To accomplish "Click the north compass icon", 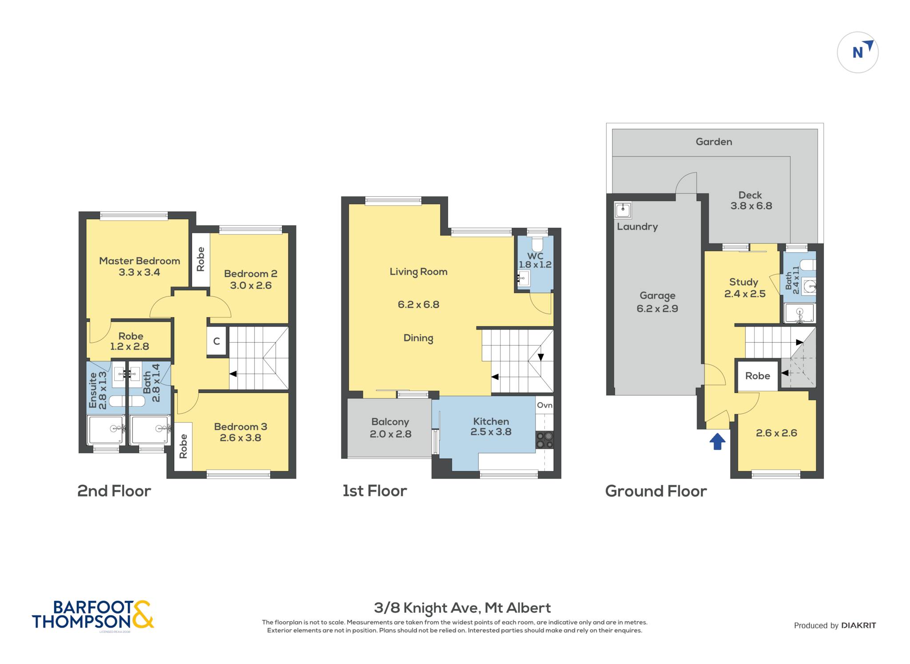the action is (x=858, y=52).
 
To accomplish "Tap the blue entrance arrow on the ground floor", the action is (x=717, y=442).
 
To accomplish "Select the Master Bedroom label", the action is (x=140, y=261).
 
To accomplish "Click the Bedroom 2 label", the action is (x=251, y=274).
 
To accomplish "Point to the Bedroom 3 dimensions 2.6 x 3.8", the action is (x=240, y=438).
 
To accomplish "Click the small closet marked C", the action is (x=217, y=341).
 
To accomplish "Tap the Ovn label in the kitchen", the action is (x=545, y=405).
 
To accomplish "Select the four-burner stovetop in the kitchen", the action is (x=545, y=440).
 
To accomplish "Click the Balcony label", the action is (x=390, y=422).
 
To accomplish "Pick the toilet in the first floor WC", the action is (x=537, y=244).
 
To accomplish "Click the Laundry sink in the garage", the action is (x=623, y=210).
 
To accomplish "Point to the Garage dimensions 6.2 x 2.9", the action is (x=657, y=309).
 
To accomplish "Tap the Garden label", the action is (x=714, y=142).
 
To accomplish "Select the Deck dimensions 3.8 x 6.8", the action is (x=751, y=206).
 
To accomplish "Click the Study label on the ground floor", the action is (x=743, y=282).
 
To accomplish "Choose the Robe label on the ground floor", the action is (x=758, y=376).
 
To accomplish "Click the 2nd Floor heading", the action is (x=114, y=491).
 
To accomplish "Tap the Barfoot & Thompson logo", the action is (x=93, y=615).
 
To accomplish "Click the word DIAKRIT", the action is (x=859, y=626).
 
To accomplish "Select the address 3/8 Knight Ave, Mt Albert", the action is (x=462, y=608).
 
